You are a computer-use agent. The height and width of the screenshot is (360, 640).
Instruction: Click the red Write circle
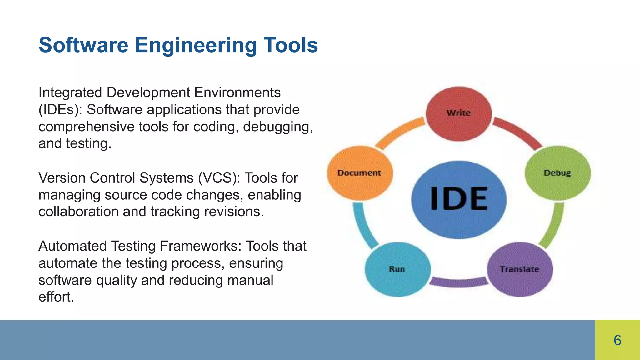458,114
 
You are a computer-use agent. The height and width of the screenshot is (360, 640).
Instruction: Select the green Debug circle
557,173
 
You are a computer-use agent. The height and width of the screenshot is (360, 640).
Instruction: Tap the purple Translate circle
520,269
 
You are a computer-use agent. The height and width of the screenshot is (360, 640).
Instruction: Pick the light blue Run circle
397,269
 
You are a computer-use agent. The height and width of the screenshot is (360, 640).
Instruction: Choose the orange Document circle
359,173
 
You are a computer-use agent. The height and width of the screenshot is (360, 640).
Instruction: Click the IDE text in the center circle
459,199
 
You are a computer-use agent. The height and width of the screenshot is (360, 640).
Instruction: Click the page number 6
617,340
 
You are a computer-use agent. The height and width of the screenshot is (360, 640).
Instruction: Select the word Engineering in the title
196,46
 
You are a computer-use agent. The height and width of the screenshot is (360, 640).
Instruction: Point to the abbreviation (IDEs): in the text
60,110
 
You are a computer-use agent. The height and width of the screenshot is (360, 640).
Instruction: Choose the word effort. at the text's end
56,297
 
